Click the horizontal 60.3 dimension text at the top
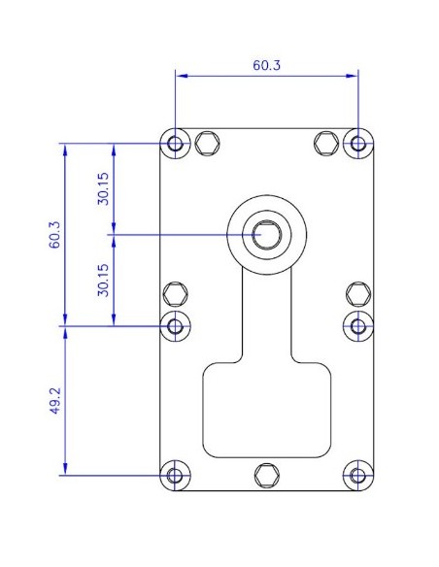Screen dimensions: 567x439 click(x=267, y=66)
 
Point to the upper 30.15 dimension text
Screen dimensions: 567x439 click(x=103, y=188)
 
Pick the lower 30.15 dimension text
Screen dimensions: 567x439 click(x=103, y=279)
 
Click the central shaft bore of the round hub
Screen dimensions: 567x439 click(x=266, y=234)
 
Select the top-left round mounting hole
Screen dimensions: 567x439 click(x=176, y=144)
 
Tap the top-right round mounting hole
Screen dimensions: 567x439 click(x=358, y=144)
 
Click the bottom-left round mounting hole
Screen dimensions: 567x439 click(x=176, y=476)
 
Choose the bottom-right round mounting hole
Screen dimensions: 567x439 click(x=358, y=476)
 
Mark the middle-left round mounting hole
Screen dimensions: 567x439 click(x=176, y=325)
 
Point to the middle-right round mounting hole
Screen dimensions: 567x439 click(x=358, y=325)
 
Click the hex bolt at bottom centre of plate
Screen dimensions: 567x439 click(x=266, y=475)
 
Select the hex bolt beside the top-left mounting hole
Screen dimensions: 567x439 click(x=206, y=144)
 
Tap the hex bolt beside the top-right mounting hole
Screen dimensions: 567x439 click(x=327, y=144)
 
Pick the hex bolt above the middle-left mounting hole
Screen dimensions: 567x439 click(x=176, y=292)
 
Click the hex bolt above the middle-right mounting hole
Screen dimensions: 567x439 click(x=358, y=292)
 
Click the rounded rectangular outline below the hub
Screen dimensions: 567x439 click(x=266, y=409)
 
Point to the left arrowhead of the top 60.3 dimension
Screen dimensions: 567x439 click(x=180, y=75)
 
